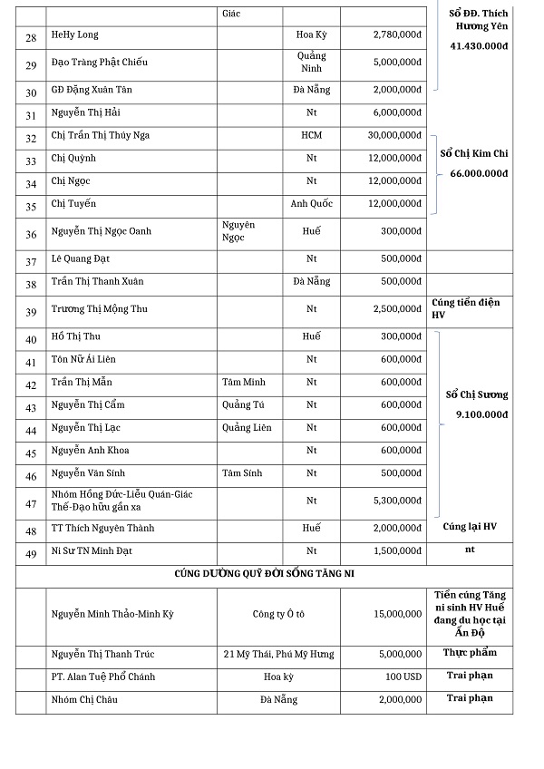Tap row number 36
click(x=31, y=235)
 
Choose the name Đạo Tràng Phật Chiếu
click(x=100, y=62)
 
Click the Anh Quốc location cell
click(x=311, y=203)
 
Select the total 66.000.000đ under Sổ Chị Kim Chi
click(x=479, y=173)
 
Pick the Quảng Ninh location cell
click(x=311, y=62)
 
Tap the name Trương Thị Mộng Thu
click(x=100, y=309)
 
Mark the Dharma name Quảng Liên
click(x=247, y=427)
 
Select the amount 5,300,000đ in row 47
click(x=396, y=500)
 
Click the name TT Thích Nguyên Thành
click(x=102, y=529)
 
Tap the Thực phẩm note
click(x=470, y=652)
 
